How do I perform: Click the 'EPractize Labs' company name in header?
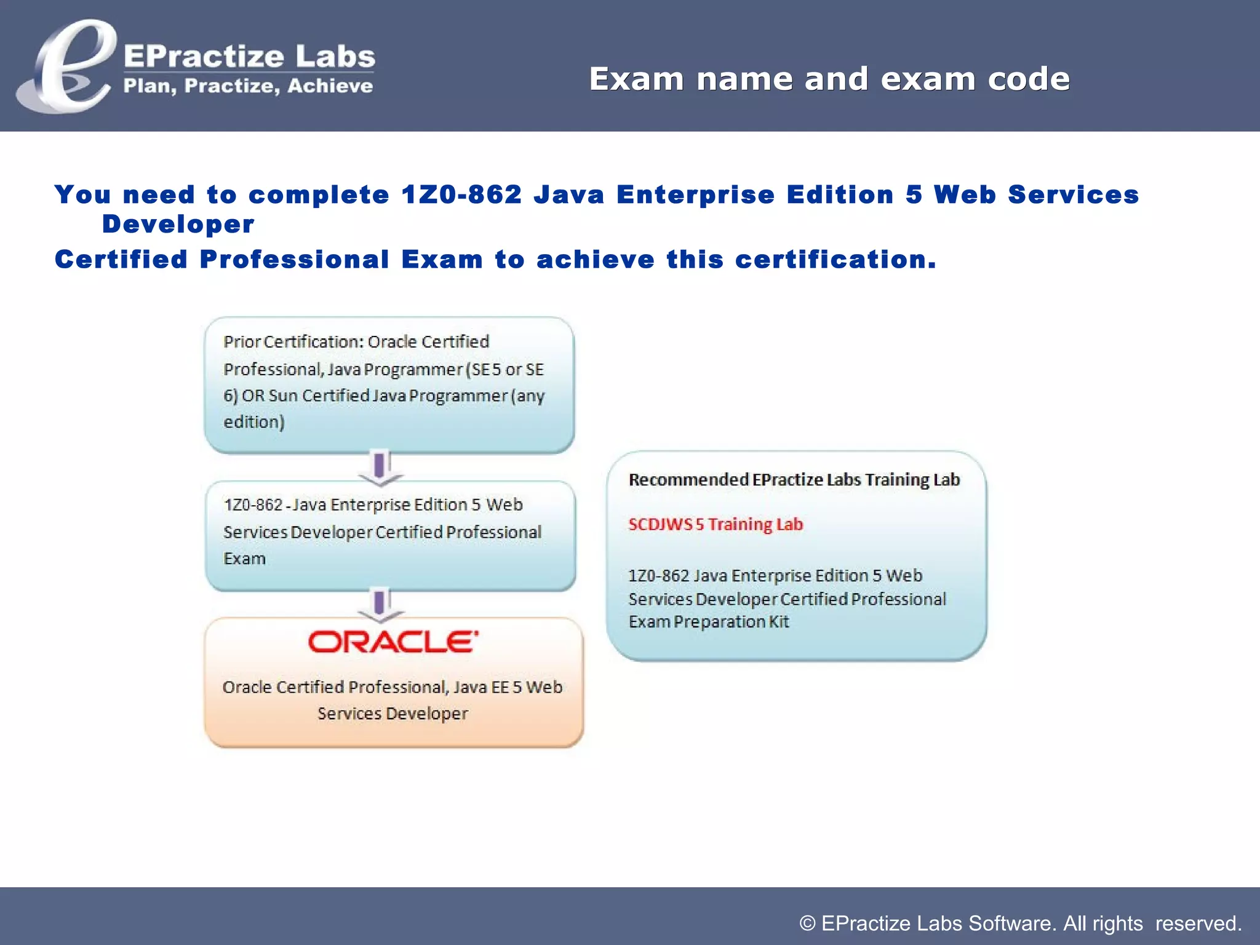tap(249, 57)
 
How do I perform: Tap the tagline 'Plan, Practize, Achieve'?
tap(248, 86)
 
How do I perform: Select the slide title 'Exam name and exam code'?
tap(829, 79)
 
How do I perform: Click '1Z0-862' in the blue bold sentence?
tap(461, 195)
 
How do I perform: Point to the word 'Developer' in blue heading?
tap(178, 225)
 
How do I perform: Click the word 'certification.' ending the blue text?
tap(835, 260)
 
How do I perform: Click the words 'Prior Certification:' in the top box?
tap(294, 342)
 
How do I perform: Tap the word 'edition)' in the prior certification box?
tap(253, 422)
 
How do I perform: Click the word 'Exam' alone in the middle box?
tap(244, 559)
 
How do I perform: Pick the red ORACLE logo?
tap(393, 642)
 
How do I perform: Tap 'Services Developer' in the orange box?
tap(393, 714)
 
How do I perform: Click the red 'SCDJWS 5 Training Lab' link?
tap(716, 525)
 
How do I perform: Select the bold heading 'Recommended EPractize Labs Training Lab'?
tap(794, 480)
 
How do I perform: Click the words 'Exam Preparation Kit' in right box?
tap(708, 622)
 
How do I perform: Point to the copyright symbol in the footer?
tap(807, 923)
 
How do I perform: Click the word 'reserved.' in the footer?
tap(1198, 923)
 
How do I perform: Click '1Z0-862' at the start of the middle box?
tap(253, 505)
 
